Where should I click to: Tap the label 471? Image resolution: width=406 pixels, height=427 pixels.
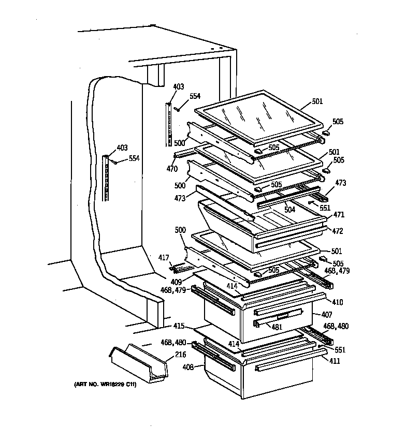[339, 214]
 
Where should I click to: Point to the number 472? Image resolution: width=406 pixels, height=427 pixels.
[338, 231]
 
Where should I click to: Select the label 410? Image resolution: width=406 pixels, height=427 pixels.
[338, 302]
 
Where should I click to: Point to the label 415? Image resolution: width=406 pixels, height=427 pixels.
[178, 327]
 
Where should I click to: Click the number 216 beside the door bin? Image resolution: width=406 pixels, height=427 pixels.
[181, 354]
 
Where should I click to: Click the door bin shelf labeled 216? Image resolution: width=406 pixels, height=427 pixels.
[137, 365]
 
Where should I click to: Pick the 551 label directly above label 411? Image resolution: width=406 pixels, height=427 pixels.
[340, 350]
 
